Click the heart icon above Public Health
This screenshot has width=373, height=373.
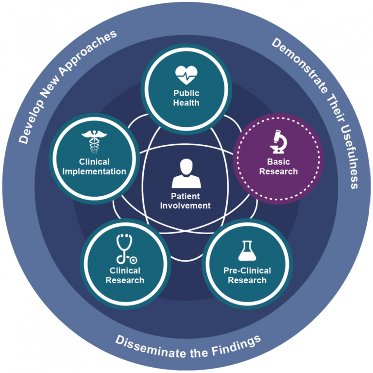point(187,76)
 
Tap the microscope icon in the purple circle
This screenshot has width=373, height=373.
point(278,141)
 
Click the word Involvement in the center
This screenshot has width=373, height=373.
point(187,205)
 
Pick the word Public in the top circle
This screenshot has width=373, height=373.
point(187,93)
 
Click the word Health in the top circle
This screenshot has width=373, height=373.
point(187,102)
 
